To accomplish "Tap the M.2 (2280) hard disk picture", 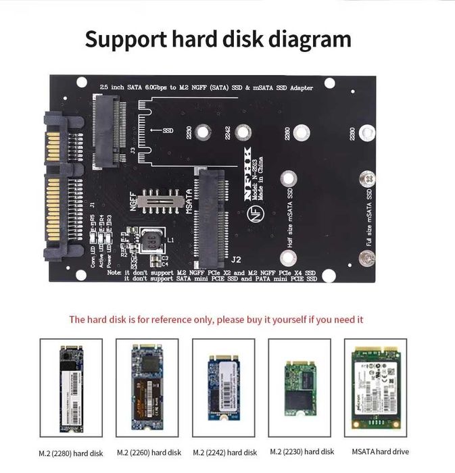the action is coord(71,389).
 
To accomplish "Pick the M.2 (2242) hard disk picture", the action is coord(224,388).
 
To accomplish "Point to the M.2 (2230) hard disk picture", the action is coord(300,388).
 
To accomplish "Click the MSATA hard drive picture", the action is coord(376,388).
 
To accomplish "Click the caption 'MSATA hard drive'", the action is coord(381,451).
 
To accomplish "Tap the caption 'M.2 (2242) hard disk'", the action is coord(225,452).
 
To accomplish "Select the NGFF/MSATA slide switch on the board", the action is coord(162,201).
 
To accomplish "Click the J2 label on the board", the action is coord(236,259).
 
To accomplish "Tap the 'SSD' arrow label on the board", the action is coord(163,130).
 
